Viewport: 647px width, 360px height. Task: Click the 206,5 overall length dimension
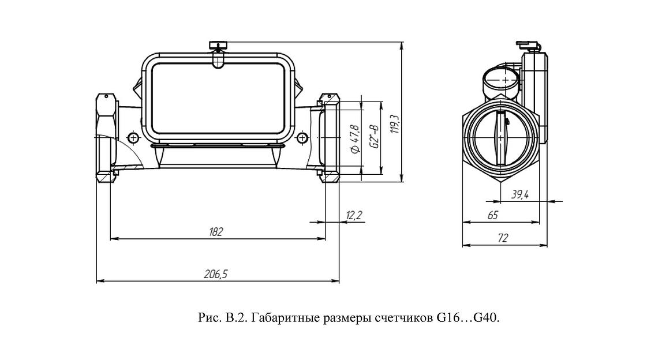point(216,275)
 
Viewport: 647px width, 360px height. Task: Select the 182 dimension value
point(216,232)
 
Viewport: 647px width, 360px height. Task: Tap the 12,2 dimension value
point(353,215)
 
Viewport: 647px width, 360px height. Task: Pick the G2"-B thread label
point(374,138)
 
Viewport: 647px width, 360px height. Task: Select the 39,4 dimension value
point(519,195)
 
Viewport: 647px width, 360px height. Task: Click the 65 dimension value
point(492,215)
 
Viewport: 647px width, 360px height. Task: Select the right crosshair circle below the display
point(302,138)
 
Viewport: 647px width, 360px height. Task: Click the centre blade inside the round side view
point(500,138)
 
